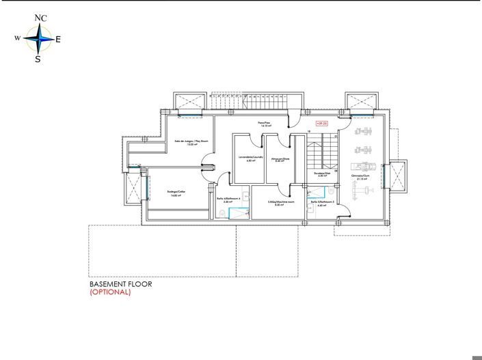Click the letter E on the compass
(58, 40)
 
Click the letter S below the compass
(38, 59)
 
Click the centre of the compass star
(40, 40)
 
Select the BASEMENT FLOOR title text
(120, 284)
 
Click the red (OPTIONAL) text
(110, 292)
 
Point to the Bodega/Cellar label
(176, 193)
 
